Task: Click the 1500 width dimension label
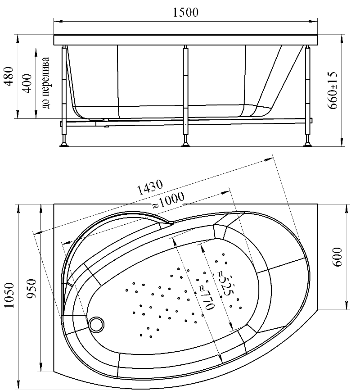pos(185,13)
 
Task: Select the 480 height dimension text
pos(9,77)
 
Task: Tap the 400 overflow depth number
pos(27,83)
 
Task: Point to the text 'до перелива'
pos(46,83)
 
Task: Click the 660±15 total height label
pos(333,90)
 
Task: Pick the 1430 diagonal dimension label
pos(150,187)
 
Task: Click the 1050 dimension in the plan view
pos(10,295)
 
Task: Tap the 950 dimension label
pos(32,289)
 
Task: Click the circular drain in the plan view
pos(96,324)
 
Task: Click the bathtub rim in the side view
pos(186,40)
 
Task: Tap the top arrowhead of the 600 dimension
pos(346,209)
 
